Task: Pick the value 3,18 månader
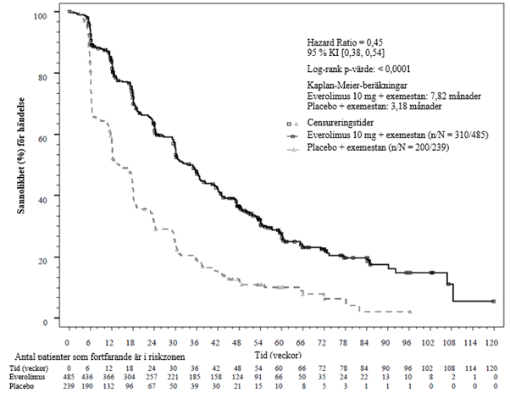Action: [x=424, y=108]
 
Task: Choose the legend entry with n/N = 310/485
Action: [x=394, y=135]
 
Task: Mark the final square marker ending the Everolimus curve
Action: [x=494, y=301]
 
